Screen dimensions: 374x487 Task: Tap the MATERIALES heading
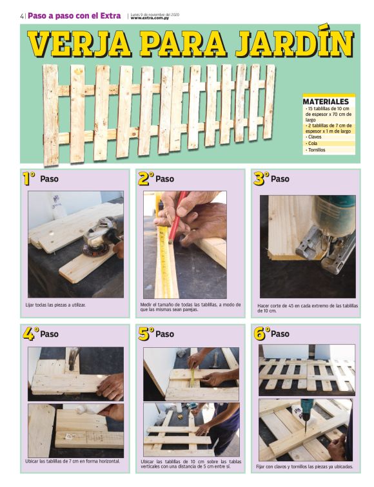tap(326, 102)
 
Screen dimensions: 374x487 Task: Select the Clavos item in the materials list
tap(314, 137)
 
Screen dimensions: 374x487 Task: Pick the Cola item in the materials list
tap(312, 144)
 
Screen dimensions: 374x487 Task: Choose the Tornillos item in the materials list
tap(316, 150)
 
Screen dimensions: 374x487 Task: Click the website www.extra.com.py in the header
tap(150, 18)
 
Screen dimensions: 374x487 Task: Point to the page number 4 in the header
tap(22, 16)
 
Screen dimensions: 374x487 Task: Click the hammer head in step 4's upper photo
tap(73, 354)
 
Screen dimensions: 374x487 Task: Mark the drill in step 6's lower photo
tap(307, 413)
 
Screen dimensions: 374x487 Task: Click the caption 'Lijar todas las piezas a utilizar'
tap(55, 305)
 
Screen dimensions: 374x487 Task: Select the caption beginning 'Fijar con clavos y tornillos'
tap(304, 466)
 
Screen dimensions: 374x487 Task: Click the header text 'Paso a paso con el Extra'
tap(74, 16)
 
